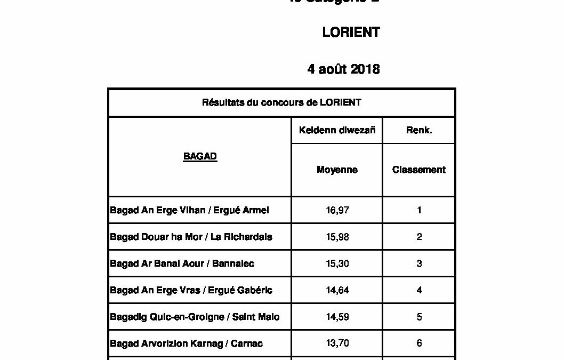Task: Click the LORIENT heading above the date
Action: [351, 32]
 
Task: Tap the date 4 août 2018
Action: [343, 69]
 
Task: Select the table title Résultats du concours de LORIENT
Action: [281, 102]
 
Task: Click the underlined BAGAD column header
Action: [200, 157]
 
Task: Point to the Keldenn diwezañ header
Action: [337, 130]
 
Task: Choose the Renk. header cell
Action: [419, 130]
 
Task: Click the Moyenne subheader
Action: [337, 170]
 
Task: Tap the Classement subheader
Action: [419, 170]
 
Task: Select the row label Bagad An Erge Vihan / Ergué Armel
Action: [189, 210]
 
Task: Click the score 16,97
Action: [337, 210]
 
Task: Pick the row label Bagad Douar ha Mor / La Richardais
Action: [191, 237]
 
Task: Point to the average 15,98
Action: [337, 237]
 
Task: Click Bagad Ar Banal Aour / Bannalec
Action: [182, 263]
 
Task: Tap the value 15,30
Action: [337, 263]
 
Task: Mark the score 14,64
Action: [337, 290]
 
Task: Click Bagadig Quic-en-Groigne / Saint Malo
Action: [195, 317]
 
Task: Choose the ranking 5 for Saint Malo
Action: [419, 317]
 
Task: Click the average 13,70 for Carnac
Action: [337, 343]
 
